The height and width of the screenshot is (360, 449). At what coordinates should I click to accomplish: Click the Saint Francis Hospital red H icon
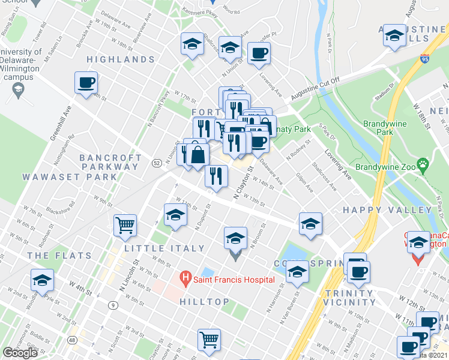185,279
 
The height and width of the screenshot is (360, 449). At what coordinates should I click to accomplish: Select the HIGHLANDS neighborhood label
121,59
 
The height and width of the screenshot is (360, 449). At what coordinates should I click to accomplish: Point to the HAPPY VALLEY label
387,210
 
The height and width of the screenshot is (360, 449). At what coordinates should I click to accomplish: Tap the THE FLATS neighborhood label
59,256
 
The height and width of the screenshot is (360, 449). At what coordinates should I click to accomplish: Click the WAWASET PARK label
70,177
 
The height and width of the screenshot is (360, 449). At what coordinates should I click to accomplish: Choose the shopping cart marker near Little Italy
125,225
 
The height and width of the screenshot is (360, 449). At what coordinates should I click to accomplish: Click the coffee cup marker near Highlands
86,82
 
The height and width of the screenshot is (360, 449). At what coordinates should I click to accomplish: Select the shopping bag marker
197,154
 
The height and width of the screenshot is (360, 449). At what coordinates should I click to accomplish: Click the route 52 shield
157,163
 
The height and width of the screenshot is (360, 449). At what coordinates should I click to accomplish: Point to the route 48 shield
73,340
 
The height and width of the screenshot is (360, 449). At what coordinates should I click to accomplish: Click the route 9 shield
112,305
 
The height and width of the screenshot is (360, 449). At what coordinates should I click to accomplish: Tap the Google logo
20,353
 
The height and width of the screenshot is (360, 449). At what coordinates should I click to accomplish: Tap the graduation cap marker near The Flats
43,280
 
